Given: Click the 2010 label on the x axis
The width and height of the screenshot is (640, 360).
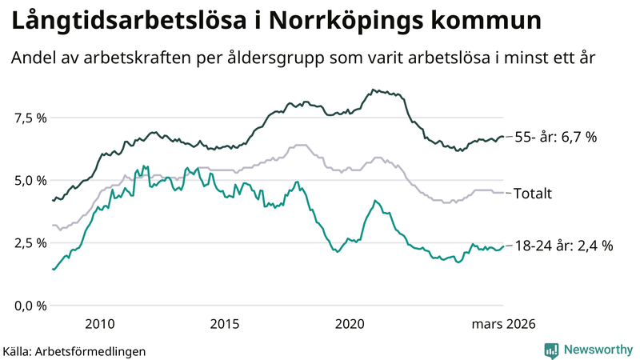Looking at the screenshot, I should tap(99, 324).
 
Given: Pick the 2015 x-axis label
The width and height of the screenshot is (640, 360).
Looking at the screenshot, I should tap(225, 324).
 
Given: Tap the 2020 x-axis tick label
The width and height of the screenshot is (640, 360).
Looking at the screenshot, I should tap(350, 324).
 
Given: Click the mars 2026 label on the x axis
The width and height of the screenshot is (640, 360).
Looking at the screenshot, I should tap(503, 324).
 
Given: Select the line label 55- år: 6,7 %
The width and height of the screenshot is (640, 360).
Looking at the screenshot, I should tap(555, 137).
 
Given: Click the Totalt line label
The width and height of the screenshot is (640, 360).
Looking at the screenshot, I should tap(532, 193).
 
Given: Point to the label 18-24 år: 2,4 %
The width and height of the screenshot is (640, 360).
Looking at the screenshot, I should tap(563, 246).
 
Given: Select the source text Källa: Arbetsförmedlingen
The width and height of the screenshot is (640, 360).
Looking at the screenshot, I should tap(74, 350).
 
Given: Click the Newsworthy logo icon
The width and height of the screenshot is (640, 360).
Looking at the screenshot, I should tap(551, 350).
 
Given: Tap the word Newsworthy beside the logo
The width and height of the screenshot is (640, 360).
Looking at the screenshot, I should tap(598, 350).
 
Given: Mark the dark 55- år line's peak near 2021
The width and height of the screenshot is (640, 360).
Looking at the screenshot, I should tap(374, 90).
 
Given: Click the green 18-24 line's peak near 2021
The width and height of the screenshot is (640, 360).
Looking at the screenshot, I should tap(376, 201).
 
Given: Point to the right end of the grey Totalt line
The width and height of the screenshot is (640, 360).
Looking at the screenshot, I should tap(502, 193).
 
